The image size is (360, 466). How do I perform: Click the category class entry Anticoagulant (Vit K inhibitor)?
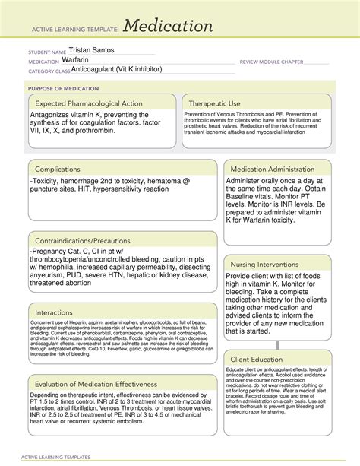point(115,69)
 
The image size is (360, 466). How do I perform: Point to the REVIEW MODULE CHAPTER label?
point(271,62)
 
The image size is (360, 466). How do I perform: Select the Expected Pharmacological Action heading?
point(91,103)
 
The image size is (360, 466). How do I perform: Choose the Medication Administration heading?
point(276,168)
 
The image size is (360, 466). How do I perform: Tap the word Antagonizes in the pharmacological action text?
point(54,115)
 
